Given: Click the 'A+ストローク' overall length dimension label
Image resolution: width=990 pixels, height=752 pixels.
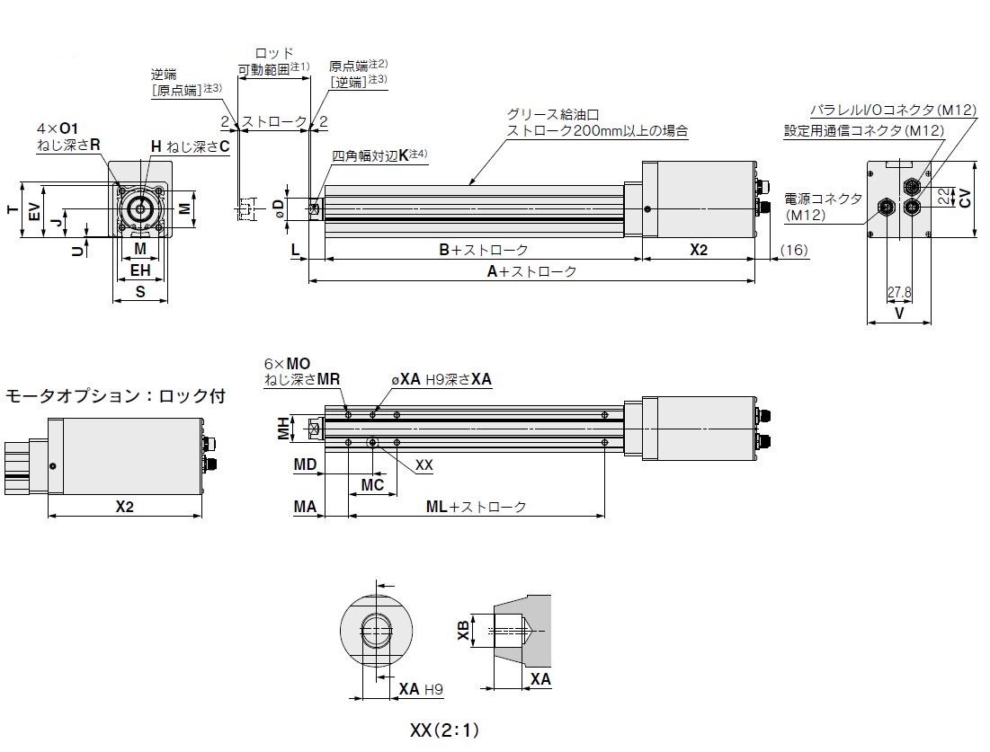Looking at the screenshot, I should click(538, 270).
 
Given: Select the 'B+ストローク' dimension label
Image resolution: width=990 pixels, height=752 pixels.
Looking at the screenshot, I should click(483, 250).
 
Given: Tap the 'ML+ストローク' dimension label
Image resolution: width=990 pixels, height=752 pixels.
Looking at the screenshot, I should click(476, 507).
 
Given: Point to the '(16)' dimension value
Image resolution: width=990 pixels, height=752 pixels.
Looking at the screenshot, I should click(794, 250).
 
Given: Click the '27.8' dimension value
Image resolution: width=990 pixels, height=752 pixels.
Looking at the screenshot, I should click(899, 292).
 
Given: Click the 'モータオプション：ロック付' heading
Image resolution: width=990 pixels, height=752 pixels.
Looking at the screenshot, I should click(115, 394).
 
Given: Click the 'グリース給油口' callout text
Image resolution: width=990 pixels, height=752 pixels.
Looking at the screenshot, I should click(552, 114).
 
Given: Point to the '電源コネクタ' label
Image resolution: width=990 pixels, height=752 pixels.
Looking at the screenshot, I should click(823, 199).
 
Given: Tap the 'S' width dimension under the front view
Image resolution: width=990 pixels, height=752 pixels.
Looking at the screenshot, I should click(140, 292).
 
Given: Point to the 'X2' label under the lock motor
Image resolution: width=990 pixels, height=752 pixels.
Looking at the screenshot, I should click(124, 507).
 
